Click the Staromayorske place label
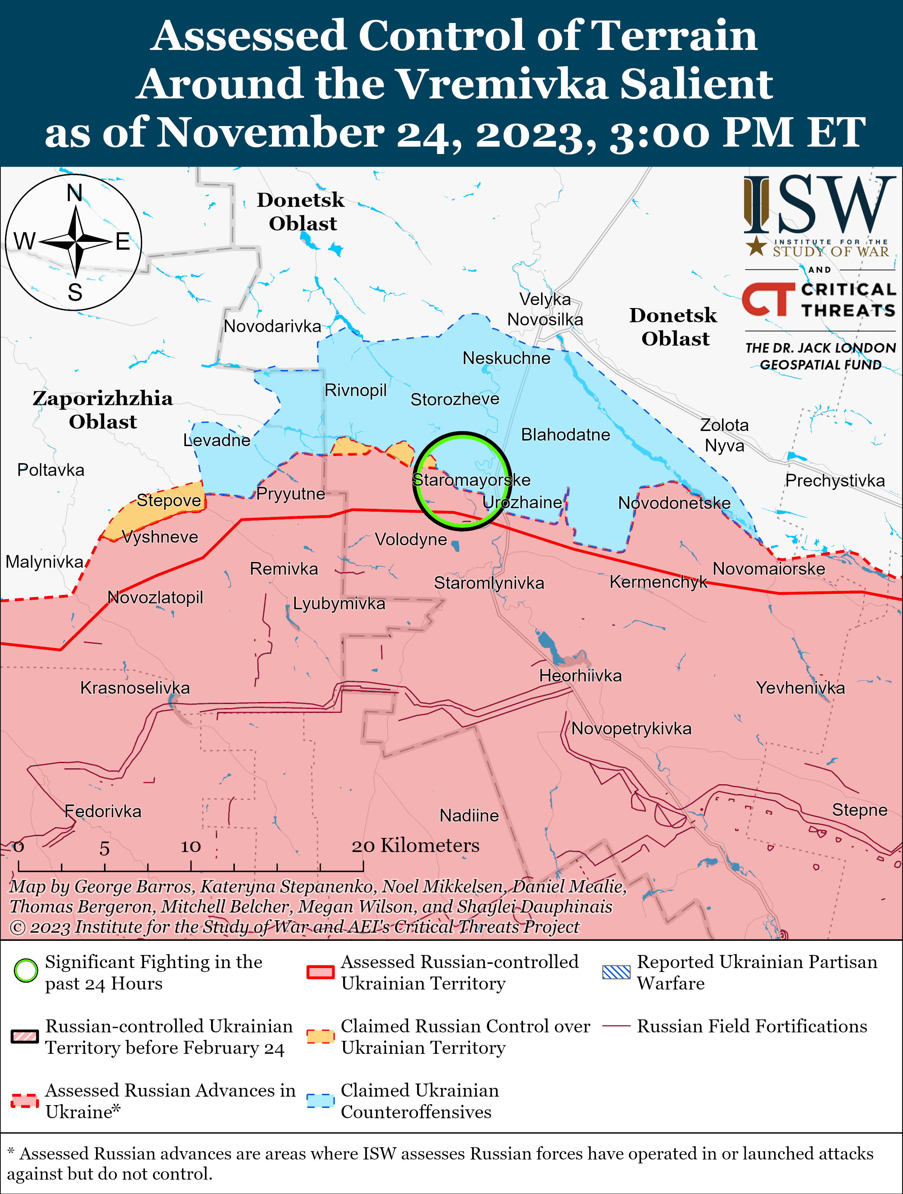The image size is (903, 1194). pos(471,480)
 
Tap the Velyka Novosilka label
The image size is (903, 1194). pos(545,309)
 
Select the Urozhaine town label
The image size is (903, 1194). pos(522,502)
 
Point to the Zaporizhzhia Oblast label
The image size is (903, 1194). pos(103,410)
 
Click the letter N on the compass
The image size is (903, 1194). pos(74,193)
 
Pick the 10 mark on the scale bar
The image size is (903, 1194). pos(191,846)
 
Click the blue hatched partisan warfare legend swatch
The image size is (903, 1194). pos(616,972)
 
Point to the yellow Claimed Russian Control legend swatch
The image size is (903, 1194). pos(320,1036)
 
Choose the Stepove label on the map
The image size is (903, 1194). pos(169,500)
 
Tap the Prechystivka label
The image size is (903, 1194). pos(834,481)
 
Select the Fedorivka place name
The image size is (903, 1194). pos(103,811)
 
